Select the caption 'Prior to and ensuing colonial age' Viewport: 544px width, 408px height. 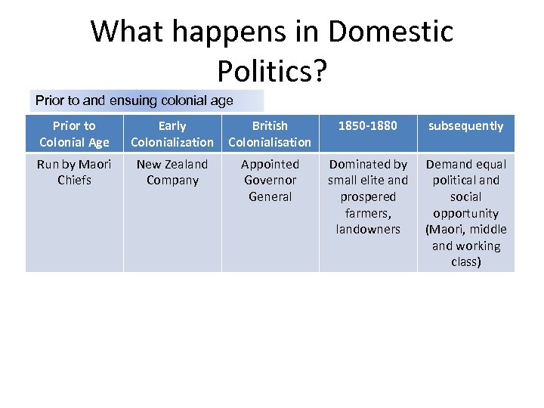tap(134, 100)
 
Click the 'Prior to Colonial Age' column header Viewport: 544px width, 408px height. tap(74, 134)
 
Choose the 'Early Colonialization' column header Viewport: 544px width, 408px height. tap(172, 134)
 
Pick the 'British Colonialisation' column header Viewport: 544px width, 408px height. tap(270, 134)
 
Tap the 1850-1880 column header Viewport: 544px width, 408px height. tap(367, 126)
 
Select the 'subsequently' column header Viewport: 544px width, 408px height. tap(465, 126)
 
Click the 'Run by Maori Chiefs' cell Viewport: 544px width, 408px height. tap(74, 172)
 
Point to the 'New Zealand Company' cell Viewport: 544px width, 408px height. tap(172, 172)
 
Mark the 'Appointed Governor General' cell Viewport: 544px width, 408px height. tap(270, 181)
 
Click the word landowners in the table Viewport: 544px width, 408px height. tap(368, 230)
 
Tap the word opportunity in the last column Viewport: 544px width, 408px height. tap(465, 213)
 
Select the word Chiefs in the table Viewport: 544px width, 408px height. tap(74, 181)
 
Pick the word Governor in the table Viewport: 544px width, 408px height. tap(270, 181)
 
